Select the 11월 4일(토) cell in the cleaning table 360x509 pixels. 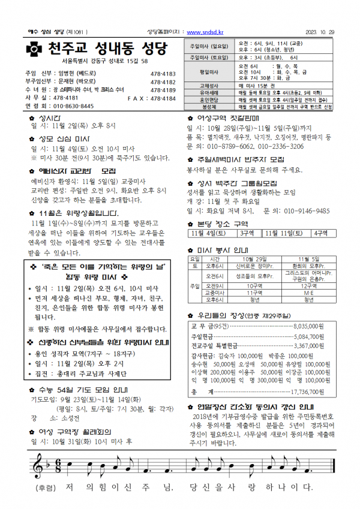208,233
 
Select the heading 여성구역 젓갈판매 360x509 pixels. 230,118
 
